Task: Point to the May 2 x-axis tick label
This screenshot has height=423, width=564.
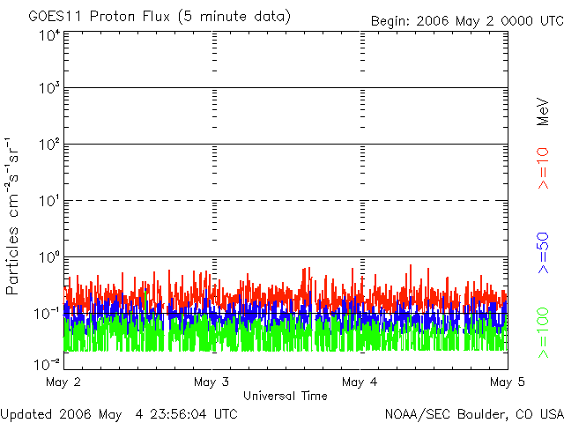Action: [64, 382]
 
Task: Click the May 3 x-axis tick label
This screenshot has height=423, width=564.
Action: [211, 382]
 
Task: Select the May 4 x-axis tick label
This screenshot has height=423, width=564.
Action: [360, 382]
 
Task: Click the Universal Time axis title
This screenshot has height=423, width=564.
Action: [286, 396]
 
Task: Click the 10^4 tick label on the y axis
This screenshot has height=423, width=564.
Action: [49, 35]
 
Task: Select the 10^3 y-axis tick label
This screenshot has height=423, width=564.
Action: [49, 89]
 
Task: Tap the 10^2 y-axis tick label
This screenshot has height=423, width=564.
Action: [49, 145]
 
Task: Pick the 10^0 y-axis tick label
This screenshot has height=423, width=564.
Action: [49, 257]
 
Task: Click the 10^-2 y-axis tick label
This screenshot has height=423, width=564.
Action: [48, 363]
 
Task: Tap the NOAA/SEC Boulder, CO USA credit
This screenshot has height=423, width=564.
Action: [474, 413]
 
